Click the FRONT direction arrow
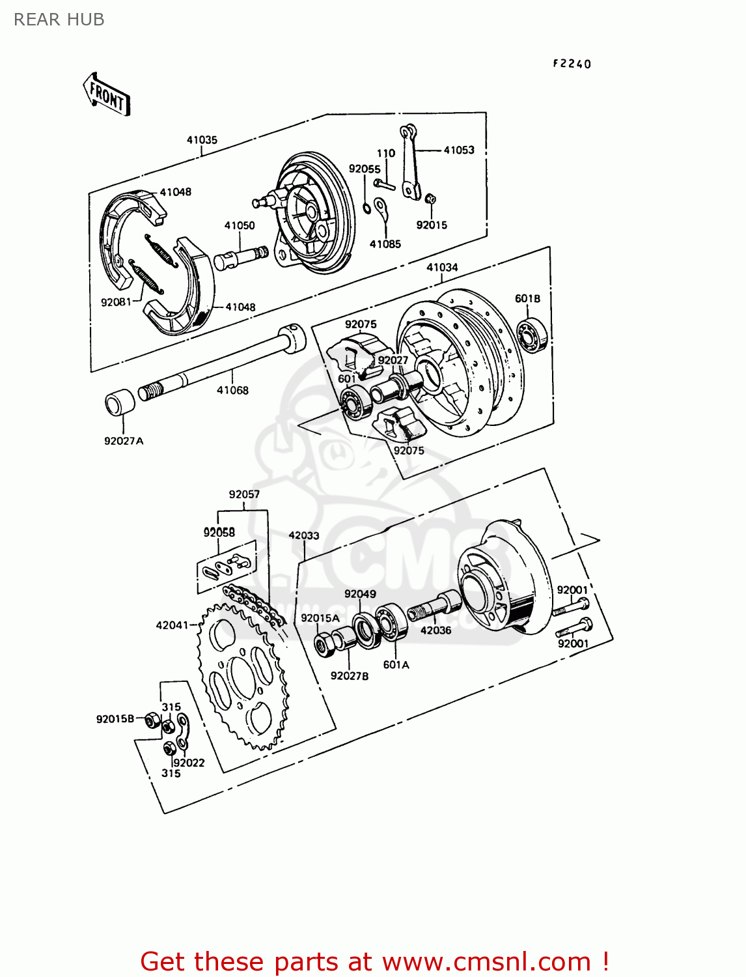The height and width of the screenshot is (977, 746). pyautogui.click(x=107, y=95)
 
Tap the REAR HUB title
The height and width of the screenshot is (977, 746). pyautogui.click(x=59, y=20)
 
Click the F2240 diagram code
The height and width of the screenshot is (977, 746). pyautogui.click(x=572, y=64)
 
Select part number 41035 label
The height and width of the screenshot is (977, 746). pyautogui.click(x=202, y=140)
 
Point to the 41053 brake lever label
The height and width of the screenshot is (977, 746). pyautogui.click(x=459, y=150)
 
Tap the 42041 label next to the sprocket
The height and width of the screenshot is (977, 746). pyautogui.click(x=172, y=625)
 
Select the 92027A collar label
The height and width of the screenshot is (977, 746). pyautogui.click(x=124, y=441)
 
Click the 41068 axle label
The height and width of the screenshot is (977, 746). pyautogui.click(x=232, y=390)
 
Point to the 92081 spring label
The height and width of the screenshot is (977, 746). pyautogui.click(x=116, y=302)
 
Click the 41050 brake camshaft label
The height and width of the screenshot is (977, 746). pyautogui.click(x=240, y=225)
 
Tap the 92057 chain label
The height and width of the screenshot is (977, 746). pyautogui.click(x=244, y=494)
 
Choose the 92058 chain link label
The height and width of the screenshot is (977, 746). pyautogui.click(x=219, y=532)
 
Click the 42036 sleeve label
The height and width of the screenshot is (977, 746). pyautogui.click(x=435, y=630)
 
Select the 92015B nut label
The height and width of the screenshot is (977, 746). pyautogui.click(x=115, y=719)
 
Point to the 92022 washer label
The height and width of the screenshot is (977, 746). pyautogui.click(x=189, y=763)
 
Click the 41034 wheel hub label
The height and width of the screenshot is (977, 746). pyautogui.click(x=442, y=267)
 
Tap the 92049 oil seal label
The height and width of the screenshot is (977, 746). pyautogui.click(x=360, y=594)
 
